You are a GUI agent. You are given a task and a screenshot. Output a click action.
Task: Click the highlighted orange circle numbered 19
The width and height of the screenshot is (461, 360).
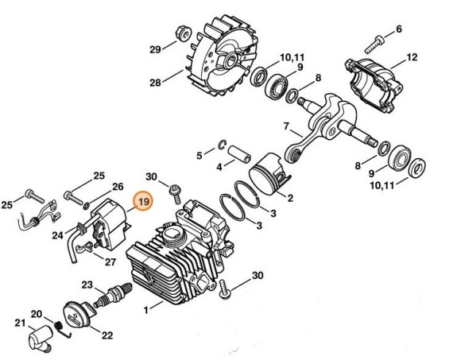click(143, 203)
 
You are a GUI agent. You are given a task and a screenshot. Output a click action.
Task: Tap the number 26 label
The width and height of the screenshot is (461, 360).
click(118, 188)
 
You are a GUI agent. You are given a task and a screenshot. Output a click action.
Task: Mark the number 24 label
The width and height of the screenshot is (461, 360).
click(58, 235)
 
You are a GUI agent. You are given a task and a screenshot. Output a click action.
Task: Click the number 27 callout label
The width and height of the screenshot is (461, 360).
click(110, 262)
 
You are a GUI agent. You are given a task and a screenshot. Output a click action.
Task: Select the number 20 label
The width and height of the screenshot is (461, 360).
click(36, 314)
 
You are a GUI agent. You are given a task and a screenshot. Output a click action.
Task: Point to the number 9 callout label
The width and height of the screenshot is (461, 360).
click(300, 68)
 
